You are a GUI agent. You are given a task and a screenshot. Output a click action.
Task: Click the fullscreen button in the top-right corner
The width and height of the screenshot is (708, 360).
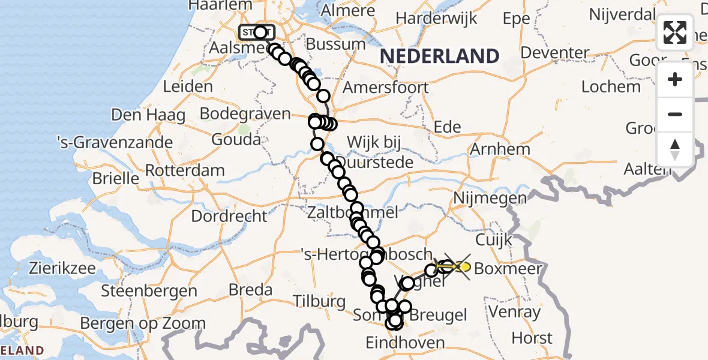(x=675, y=32)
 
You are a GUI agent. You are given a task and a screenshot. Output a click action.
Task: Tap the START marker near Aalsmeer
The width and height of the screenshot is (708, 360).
(x=257, y=32)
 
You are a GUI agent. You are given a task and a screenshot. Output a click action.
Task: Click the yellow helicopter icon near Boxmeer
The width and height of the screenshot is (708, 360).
(x=459, y=266)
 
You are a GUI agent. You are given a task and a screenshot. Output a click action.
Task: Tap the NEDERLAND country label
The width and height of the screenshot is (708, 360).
(x=440, y=56)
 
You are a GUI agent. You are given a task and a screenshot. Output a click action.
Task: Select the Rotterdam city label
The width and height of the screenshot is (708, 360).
(x=185, y=170)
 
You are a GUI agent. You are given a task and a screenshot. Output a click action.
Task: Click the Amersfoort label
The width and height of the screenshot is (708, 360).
(x=386, y=88)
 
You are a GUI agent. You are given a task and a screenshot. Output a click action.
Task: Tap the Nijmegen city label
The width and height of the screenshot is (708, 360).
(x=490, y=198)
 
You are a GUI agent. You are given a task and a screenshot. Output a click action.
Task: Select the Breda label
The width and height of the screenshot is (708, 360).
(x=251, y=290)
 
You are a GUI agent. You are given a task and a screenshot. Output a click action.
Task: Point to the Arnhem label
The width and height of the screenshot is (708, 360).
(x=501, y=149)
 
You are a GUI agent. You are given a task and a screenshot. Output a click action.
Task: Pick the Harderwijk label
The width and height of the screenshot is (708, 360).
(x=436, y=19)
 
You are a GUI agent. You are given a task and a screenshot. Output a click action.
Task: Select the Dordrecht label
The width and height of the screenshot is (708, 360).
(x=229, y=216)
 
